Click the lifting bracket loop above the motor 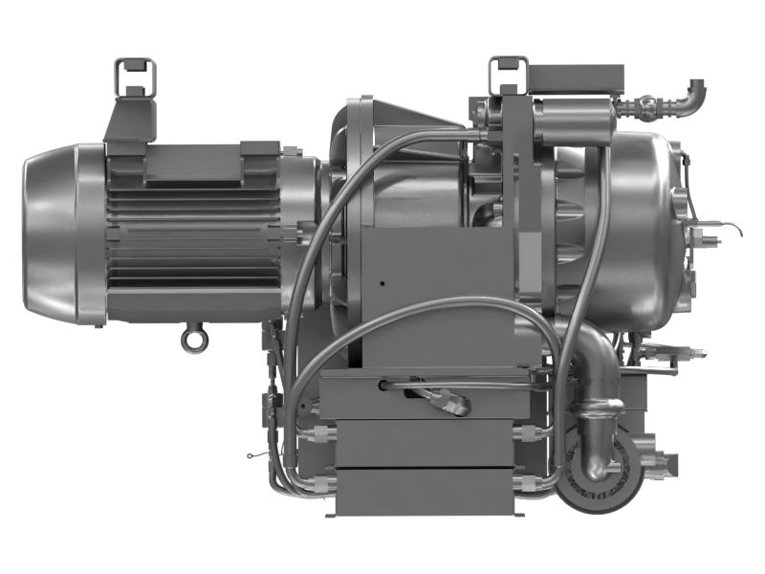pyautogui.click(x=134, y=75)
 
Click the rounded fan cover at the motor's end pyautogui.click(x=53, y=233)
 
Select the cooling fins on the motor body pyautogui.click(x=191, y=239)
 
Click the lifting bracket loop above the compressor pyautogui.click(x=508, y=75)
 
